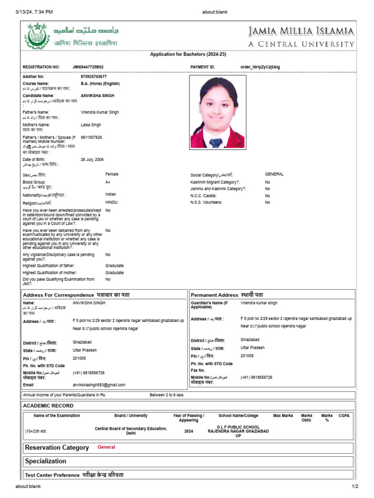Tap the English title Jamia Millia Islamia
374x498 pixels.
pos(301,32)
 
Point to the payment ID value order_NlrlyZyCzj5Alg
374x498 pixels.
pos(260,67)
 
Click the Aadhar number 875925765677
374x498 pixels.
pos(93,77)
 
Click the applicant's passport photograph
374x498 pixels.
pos(217,112)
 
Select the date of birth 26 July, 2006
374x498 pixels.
pos(92,160)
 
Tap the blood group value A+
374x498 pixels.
pos(108,182)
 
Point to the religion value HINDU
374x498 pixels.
pos(112,202)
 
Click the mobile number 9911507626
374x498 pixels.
pos(92,138)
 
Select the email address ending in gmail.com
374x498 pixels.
pos(99,385)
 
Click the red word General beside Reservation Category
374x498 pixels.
pos(106,447)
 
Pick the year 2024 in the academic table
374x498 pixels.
pos(188,431)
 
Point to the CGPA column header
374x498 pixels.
pos(344,416)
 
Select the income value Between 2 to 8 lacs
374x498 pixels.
pos(167,395)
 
